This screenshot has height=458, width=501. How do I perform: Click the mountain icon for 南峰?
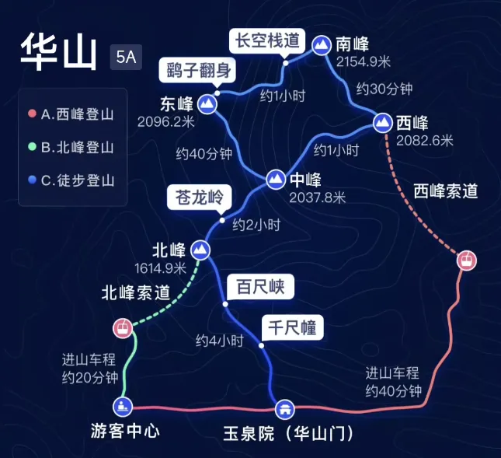tap(322, 46)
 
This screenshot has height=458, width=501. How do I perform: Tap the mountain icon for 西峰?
tap(383, 123)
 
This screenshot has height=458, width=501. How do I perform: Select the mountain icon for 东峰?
tap(207, 104)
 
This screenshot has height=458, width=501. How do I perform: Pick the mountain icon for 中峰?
tap(276, 180)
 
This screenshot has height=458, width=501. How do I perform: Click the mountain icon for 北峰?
tap(200, 250)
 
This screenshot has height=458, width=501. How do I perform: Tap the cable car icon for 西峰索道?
tap(467, 260)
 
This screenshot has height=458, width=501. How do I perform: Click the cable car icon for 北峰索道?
tap(123, 328)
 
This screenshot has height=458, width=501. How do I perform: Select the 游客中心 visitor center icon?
tap(123, 407)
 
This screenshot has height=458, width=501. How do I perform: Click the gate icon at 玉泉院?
tap(285, 409)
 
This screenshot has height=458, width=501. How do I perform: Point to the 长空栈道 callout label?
tap(267, 41)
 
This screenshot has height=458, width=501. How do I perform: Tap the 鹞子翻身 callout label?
tap(198, 70)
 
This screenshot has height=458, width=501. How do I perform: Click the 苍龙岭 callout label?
tap(199, 198)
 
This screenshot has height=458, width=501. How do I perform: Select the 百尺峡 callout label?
tap(260, 287)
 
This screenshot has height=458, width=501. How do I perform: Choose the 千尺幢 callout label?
tap(292, 328)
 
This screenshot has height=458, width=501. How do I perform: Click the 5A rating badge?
tap(126, 58)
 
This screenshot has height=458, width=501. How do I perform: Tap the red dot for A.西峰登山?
tap(32, 114)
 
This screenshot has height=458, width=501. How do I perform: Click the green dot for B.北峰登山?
tap(32, 147)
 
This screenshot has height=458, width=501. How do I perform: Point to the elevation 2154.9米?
tap(364, 61)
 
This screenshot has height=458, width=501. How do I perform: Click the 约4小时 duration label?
tap(220, 341)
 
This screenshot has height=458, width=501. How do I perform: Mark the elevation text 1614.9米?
tap(160, 268)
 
